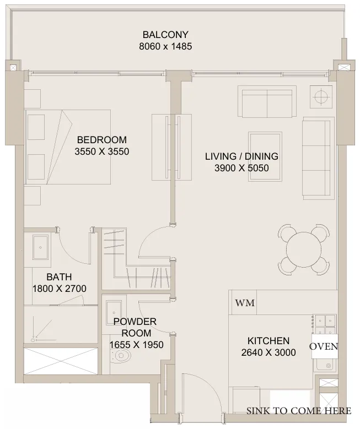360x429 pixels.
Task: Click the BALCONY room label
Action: click(165, 35)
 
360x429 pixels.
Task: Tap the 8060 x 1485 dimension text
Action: click(165, 46)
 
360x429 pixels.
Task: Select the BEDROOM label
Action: click(102, 140)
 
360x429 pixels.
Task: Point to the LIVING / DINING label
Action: click(241, 156)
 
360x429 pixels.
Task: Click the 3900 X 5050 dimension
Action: click(241, 168)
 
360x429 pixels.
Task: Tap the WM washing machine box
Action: click(244, 302)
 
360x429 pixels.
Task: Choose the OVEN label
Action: click(324, 346)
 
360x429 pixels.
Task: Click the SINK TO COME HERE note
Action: click(299, 411)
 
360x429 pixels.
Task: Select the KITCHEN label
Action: click(268, 341)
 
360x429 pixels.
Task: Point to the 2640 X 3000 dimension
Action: click(268, 352)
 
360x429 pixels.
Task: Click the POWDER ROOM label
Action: click(135, 327)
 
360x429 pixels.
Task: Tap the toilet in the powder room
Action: click(121, 356)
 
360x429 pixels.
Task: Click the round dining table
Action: click(304, 249)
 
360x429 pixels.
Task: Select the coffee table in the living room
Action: click(265, 156)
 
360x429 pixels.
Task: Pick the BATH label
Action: click(59, 277)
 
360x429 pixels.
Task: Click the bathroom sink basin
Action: click(40, 248)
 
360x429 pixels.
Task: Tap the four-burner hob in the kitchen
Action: click(325, 324)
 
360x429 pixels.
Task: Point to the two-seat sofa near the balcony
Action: click(267, 102)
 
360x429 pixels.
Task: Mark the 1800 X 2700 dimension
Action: click(60, 289)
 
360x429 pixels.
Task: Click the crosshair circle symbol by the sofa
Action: click(320, 96)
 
